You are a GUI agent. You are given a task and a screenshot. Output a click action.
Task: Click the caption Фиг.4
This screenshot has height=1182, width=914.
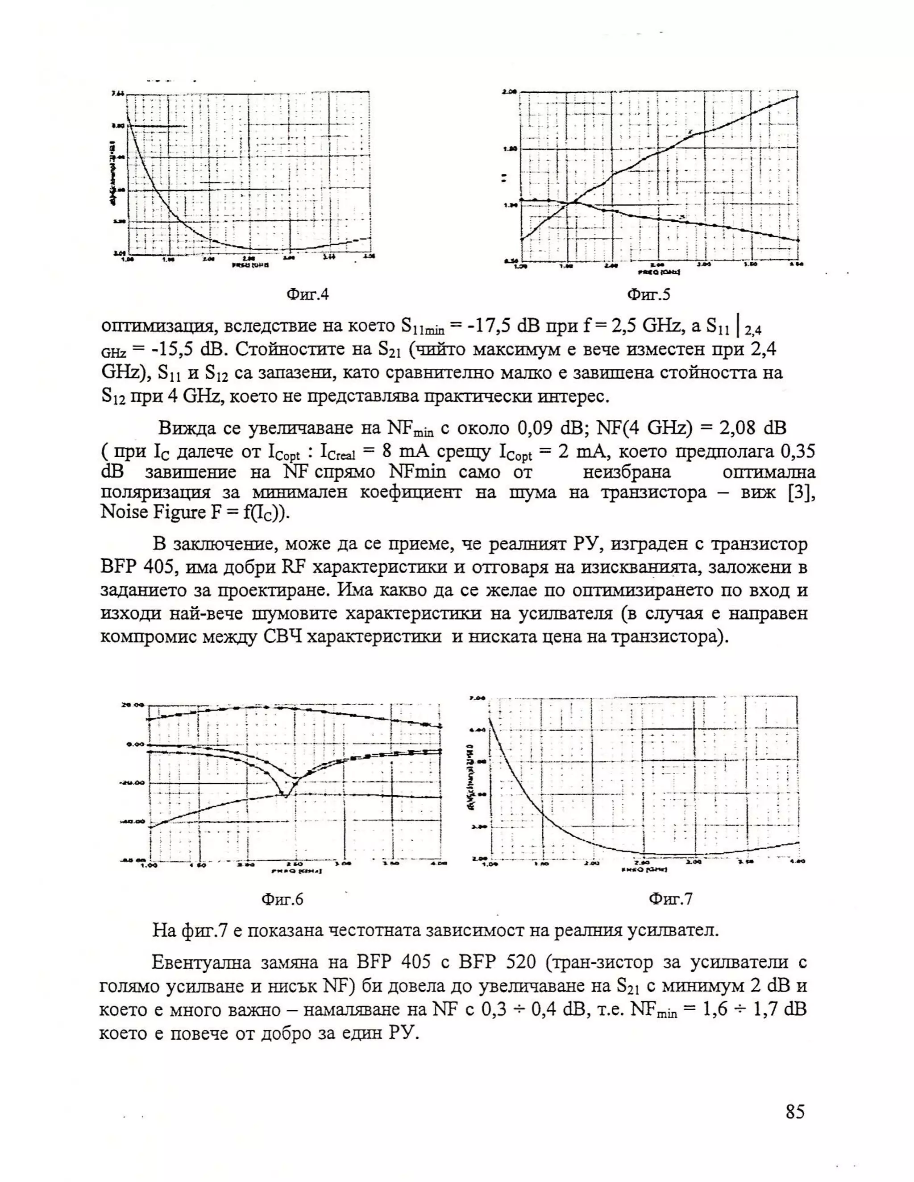pos(307,294)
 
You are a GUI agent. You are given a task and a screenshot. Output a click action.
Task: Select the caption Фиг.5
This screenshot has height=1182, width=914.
pos(648,294)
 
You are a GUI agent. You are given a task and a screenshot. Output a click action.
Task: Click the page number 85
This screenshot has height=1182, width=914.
pos(795,1112)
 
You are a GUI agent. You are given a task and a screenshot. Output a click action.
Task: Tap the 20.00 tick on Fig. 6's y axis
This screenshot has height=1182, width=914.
pos(132,705)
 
